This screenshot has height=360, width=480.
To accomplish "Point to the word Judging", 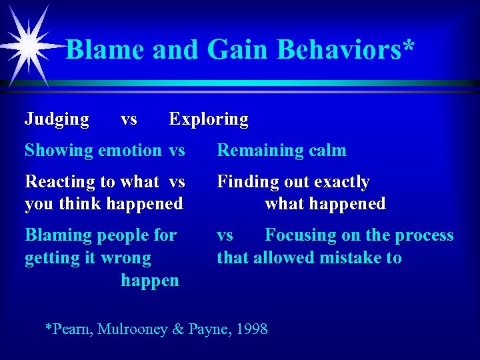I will tap(57, 119).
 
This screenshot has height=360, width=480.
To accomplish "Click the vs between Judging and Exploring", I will tap(129, 119).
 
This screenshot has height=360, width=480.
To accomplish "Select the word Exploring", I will tap(209, 119).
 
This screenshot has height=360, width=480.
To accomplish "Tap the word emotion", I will tap(130, 151).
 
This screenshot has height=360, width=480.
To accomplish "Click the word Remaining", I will tap(254, 151).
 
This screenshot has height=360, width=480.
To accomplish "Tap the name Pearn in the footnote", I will tap(71, 329).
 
